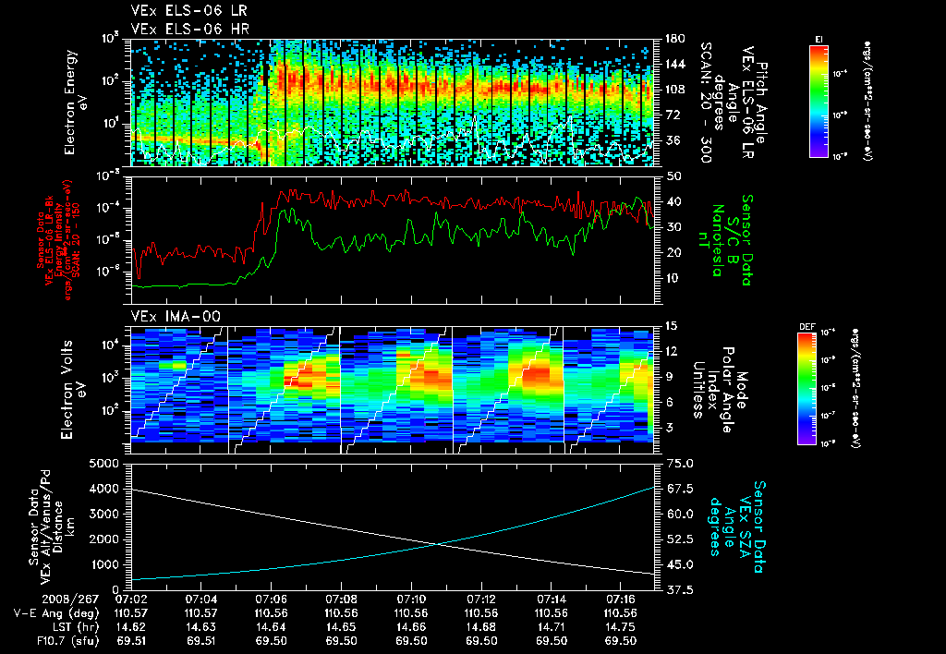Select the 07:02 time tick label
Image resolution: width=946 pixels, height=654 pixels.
pyautogui.click(x=131, y=599)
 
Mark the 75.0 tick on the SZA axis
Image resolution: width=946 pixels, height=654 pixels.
pyautogui.click(x=677, y=463)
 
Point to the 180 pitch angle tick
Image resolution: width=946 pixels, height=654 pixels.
pyautogui.click(x=673, y=40)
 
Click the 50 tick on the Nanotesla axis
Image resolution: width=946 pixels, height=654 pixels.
pyautogui.click(x=673, y=176)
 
